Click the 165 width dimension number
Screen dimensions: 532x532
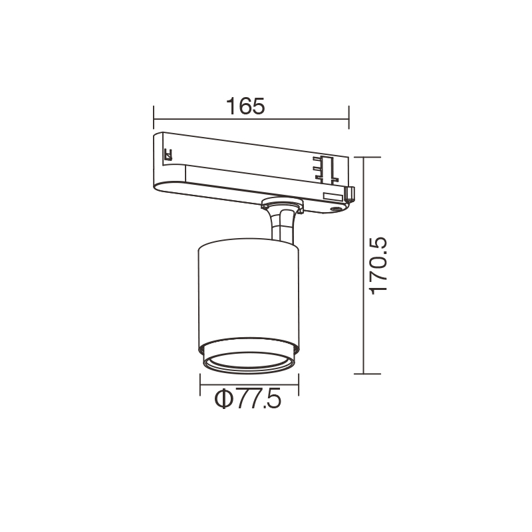pos(245,106)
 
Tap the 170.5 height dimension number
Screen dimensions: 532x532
pos(378,265)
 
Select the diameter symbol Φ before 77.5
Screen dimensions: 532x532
pos(223,400)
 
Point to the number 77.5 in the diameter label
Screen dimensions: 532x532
pos(258,400)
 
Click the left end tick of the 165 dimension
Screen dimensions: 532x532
pos(154,118)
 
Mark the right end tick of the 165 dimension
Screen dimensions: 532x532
pos(348,118)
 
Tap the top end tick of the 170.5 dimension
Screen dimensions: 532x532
pos(368,157)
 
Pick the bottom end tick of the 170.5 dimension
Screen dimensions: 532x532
pos(368,374)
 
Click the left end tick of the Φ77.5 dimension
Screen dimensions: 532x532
pos(200,384)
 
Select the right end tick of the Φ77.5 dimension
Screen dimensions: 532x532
pos(299,384)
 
